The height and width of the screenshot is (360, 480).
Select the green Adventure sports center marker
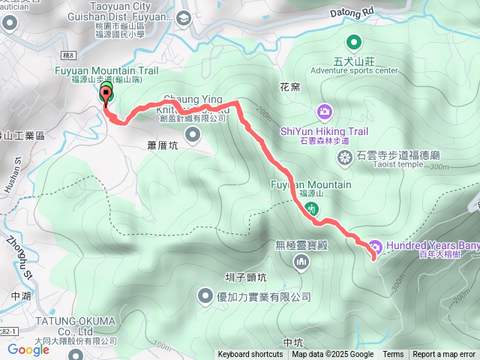(x=354, y=43)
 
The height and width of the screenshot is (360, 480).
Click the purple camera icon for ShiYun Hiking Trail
(x=324, y=112)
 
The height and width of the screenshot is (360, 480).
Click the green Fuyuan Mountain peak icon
(x=310, y=208)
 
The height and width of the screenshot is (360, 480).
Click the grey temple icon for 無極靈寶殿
(x=301, y=262)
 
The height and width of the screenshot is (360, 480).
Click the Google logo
(x=28, y=349)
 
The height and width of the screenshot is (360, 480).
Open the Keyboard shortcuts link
(x=250, y=355)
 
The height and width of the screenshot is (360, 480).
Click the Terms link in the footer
(x=393, y=355)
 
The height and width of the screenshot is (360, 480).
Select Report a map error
(x=444, y=355)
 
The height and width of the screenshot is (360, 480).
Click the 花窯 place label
(x=289, y=86)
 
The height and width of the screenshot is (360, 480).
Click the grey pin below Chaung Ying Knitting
(x=193, y=135)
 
